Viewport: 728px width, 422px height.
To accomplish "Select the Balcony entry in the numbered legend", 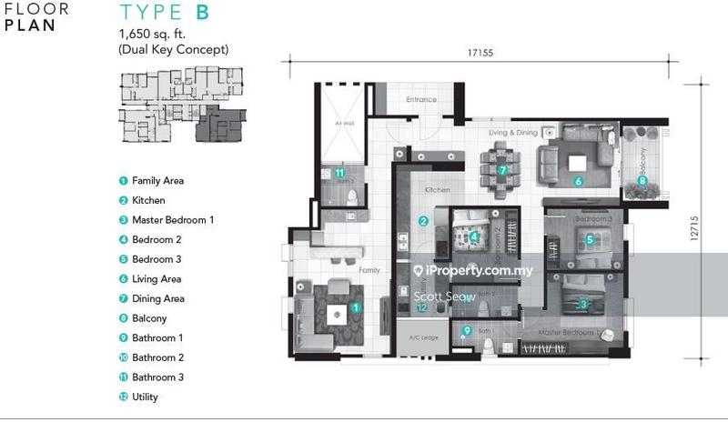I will (149, 318).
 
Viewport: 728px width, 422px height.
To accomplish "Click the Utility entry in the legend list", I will (145, 397).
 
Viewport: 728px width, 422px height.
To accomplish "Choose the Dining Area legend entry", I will (157, 298).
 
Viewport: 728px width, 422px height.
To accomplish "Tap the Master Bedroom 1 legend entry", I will (173, 220).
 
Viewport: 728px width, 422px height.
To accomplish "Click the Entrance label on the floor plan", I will (421, 100).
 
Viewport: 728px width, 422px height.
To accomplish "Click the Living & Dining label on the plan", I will (513, 133).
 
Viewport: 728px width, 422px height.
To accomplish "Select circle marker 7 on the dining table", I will (501, 170).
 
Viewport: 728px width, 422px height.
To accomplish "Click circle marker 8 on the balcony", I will (642, 180).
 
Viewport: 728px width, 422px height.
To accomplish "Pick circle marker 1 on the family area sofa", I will (356, 307).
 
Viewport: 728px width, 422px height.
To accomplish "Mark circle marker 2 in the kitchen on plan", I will (423, 221).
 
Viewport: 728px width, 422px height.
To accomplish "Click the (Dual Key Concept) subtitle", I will (173, 50).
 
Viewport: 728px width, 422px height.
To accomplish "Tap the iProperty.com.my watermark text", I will (472, 271).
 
